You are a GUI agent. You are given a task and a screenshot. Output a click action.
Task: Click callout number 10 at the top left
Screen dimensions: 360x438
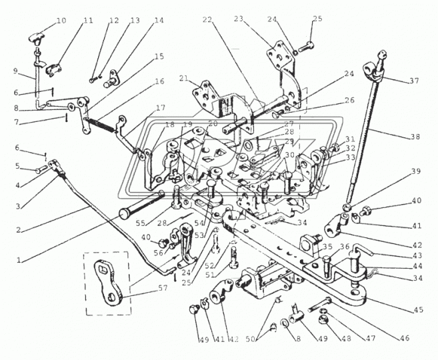(61, 21)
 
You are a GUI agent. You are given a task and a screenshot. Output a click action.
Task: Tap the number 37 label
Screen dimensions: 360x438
(415, 81)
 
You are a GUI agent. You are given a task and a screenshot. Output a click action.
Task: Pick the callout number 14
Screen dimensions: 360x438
(158, 21)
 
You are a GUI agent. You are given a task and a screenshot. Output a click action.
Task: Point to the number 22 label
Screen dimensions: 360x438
(208, 21)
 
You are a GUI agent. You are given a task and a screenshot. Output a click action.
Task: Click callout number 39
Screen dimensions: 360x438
(416, 171)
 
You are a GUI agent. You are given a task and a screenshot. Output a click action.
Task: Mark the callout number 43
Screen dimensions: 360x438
(415, 255)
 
